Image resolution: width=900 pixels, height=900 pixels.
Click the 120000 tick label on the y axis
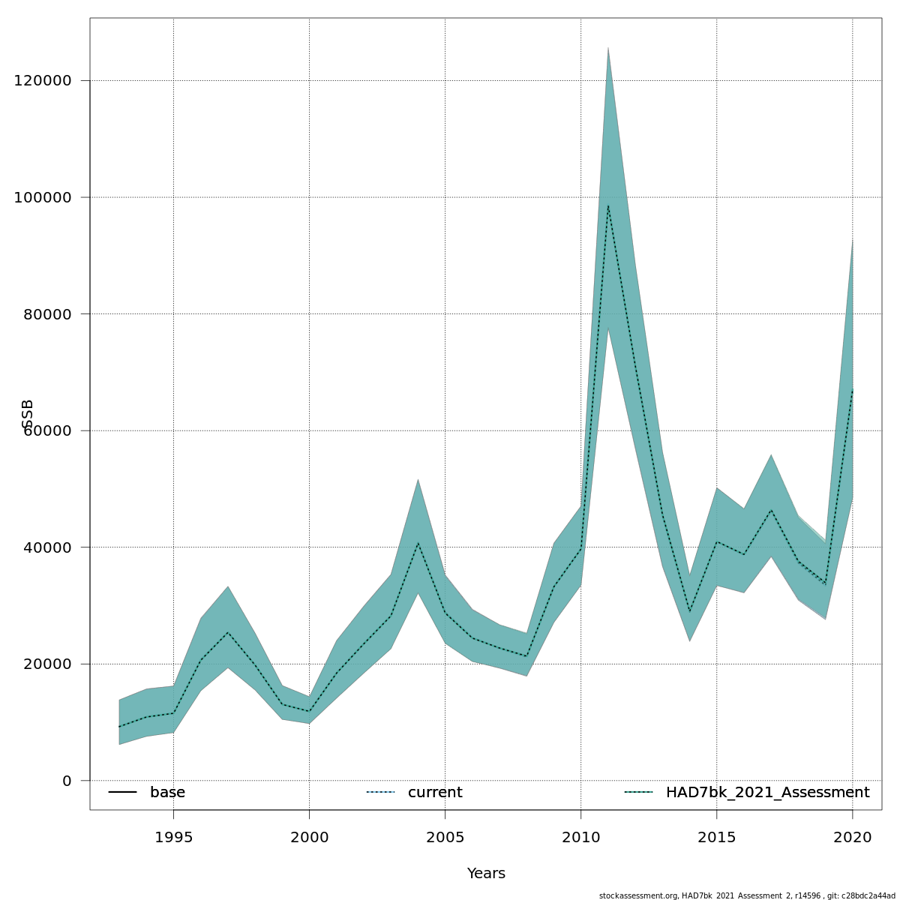point(43,81)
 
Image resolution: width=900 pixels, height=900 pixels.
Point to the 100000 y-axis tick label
point(43,197)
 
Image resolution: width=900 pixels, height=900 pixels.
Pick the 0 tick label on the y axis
point(67,781)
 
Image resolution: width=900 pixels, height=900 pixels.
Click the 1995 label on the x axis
point(173,838)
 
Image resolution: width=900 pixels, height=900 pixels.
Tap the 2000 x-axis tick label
point(309,838)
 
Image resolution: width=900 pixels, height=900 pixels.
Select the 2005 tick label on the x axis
point(445,838)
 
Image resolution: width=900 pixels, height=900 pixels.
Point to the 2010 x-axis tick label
point(580,838)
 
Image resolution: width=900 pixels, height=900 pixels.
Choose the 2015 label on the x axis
point(716,838)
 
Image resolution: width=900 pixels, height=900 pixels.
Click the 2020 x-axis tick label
point(852,838)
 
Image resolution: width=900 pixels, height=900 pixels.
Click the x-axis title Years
point(486,874)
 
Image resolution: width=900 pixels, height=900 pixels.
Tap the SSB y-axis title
point(28,414)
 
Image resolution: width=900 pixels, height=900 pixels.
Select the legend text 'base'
point(167,793)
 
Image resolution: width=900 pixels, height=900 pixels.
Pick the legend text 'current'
point(435,793)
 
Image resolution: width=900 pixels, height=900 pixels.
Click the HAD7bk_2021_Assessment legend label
point(767,793)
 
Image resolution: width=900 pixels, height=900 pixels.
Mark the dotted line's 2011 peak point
point(607,205)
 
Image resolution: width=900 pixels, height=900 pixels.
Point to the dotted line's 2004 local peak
point(418,542)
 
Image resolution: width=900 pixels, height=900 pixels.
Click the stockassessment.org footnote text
point(747,895)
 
